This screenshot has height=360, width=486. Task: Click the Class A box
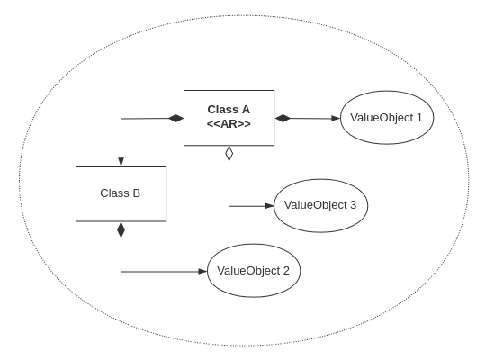point(229,118)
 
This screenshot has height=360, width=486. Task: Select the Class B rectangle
point(121,194)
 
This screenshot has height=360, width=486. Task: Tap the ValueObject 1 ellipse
point(387,118)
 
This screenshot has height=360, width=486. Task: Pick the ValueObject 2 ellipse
point(254,271)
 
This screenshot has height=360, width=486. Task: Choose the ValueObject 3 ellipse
point(320,205)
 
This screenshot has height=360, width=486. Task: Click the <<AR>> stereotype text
point(229,124)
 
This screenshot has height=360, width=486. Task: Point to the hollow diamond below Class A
point(229,153)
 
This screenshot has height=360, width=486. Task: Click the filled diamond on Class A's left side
point(176,118)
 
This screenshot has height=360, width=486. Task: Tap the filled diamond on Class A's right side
point(283,118)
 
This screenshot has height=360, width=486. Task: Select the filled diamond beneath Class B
point(121,229)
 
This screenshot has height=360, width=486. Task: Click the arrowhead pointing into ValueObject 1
point(336,119)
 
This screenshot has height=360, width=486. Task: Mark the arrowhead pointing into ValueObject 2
point(202,272)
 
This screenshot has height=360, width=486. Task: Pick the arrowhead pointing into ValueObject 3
point(270,206)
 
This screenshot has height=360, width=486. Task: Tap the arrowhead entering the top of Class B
point(121,162)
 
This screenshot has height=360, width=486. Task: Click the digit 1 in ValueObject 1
point(419,118)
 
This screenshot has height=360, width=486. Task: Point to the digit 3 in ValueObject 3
point(353,205)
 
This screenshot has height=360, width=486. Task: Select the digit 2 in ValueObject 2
point(286,271)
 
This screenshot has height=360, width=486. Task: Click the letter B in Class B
point(137,193)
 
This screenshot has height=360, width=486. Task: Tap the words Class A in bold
point(229,110)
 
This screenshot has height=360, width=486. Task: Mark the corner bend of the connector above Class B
point(121,119)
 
